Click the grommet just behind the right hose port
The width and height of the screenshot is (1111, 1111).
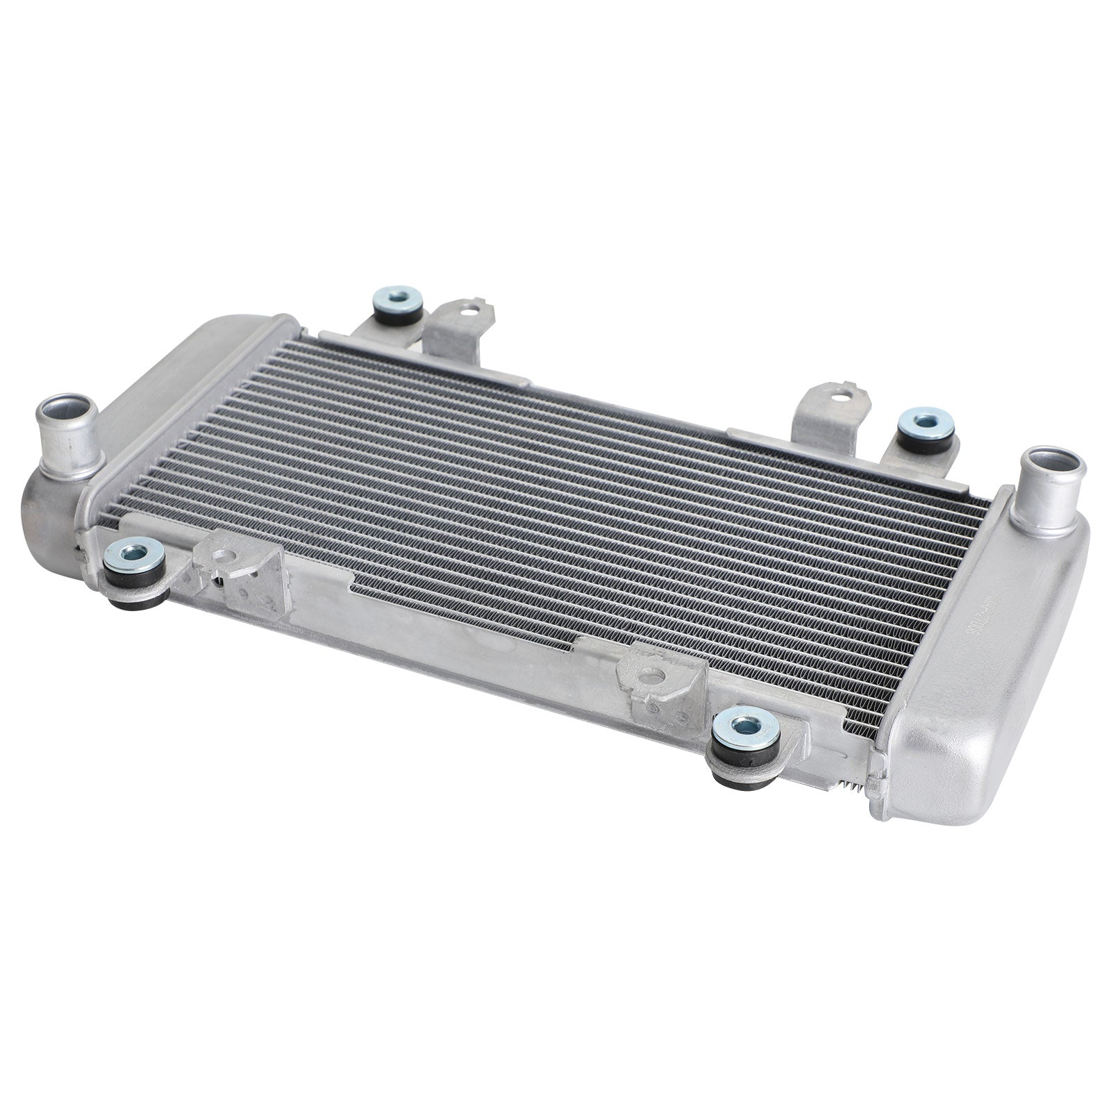[924, 421]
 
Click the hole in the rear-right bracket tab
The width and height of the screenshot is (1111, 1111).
[841, 399]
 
